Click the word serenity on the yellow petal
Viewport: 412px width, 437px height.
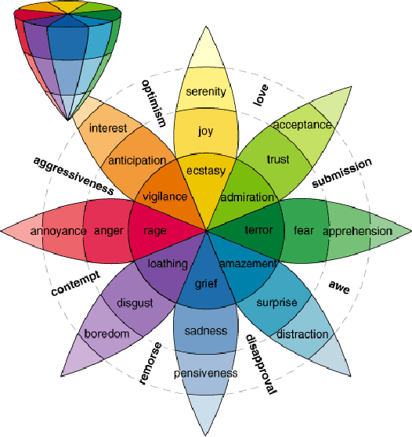tap(206, 92)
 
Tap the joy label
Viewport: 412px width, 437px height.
tap(206, 131)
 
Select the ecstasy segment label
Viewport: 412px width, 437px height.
tap(206, 170)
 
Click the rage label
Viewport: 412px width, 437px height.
tap(155, 231)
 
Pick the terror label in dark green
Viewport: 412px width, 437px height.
tap(258, 231)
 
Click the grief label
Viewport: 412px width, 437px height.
tap(206, 283)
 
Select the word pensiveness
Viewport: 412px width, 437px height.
tap(206, 374)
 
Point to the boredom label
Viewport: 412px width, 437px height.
tap(107, 334)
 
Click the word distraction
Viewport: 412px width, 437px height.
tap(302, 334)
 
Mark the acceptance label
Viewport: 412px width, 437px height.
tap(302, 125)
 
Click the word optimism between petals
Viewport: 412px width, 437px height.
tap(154, 102)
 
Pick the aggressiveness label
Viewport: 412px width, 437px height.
tap(74, 173)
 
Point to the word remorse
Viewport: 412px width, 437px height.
tap(150, 363)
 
